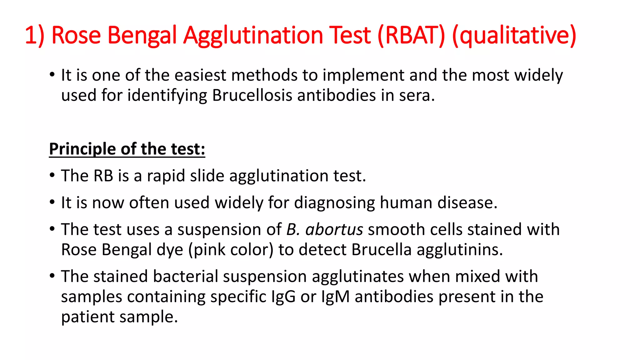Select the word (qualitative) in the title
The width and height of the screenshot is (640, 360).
click(x=514, y=35)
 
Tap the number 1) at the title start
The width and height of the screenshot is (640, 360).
click(x=34, y=35)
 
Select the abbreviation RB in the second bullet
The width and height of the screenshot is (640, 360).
click(x=103, y=176)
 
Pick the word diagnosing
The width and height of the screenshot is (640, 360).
click(x=334, y=203)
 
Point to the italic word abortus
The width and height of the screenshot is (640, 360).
click(x=334, y=230)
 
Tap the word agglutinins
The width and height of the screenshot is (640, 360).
click(x=460, y=250)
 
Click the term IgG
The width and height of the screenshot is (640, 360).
click(x=283, y=297)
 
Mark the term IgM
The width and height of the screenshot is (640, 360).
click(x=335, y=297)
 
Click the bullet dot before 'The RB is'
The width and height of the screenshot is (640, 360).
click(x=52, y=175)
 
